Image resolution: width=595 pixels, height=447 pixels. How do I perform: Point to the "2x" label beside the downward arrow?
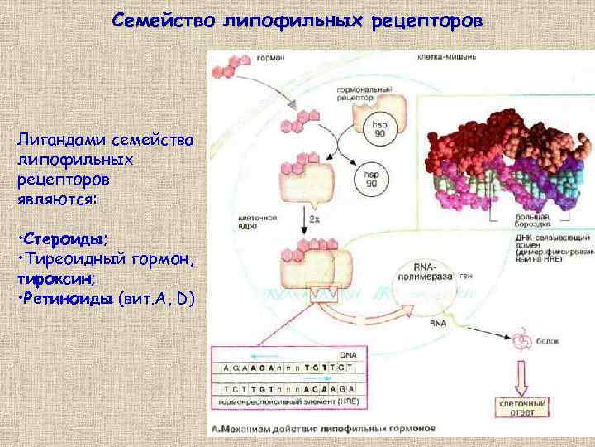pos(315,219)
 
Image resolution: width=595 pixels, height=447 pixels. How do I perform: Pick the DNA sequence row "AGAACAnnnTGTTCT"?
pos(286,367)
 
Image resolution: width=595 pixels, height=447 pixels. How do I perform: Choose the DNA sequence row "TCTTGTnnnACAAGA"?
pos(286,387)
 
